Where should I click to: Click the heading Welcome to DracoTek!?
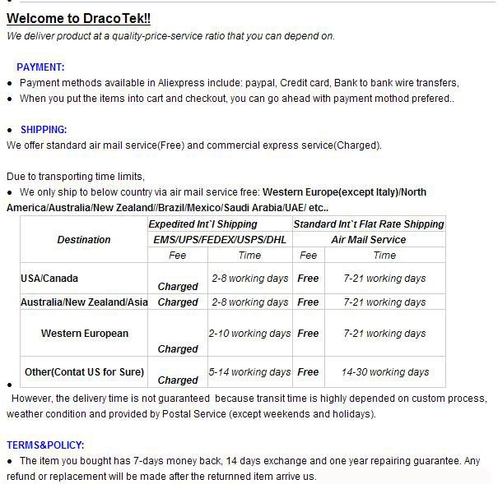click(78, 18)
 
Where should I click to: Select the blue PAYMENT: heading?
click(40, 67)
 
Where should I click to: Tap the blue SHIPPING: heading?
click(44, 130)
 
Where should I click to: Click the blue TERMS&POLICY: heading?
click(44, 445)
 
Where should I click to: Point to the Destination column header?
click(84, 240)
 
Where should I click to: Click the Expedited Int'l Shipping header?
click(202, 224)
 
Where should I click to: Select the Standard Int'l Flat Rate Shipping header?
click(369, 224)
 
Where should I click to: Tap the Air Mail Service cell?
click(369, 240)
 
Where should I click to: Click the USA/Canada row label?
click(49, 279)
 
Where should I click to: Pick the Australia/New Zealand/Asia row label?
click(84, 302)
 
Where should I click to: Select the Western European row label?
click(85, 334)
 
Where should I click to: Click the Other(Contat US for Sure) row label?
click(84, 372)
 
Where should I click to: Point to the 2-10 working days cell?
click(249, 334)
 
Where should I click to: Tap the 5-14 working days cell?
click(249, 372)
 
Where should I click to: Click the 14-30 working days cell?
click(385, 372)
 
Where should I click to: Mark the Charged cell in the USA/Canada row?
click(178, 287)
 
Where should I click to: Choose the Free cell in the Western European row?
click(308, 334)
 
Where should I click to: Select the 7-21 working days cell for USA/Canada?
click(385, 279)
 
